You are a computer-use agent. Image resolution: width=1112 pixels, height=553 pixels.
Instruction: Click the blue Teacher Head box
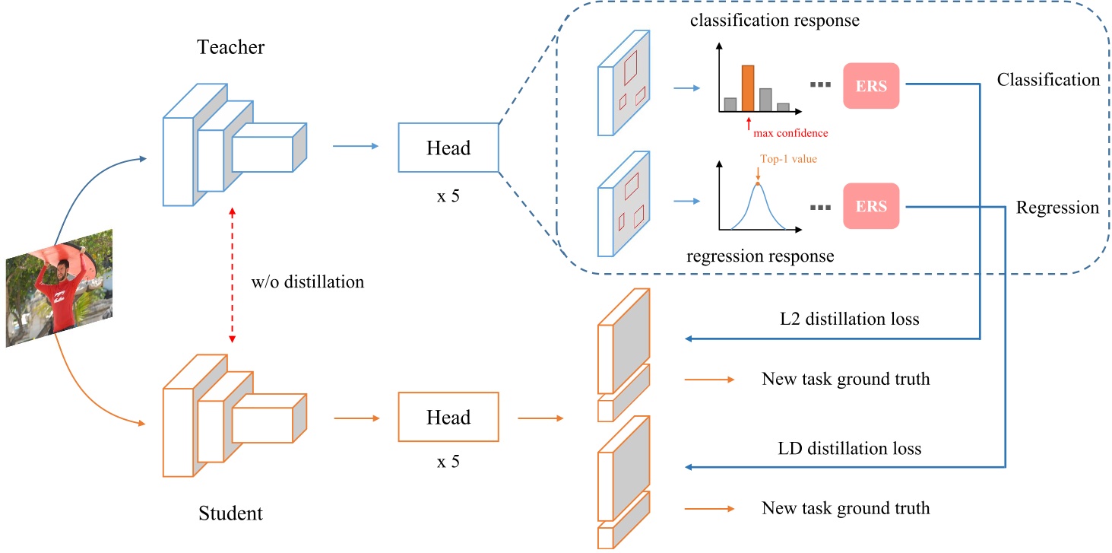pyautogui.click(x=448, y=148)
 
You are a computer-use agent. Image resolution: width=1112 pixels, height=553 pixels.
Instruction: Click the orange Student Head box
pyautogui.click(x=448, y=417)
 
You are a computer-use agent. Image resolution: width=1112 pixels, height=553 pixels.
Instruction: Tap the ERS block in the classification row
pyautogui.click(x=871, y=86)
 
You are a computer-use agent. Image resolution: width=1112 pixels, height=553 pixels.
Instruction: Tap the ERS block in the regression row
pyautogui.click(x=871, y=206)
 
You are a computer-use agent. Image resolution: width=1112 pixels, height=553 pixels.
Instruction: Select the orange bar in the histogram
pyautogui.click(x=747, y=88)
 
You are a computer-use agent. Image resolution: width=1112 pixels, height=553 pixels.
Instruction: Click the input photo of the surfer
pyautogui.click(x=59, y=288)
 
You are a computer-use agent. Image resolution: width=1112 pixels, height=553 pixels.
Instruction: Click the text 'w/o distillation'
pyautogui.click(x=307, y=282)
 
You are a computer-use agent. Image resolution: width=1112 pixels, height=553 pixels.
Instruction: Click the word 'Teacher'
pyautogui.click(x=231, y=47)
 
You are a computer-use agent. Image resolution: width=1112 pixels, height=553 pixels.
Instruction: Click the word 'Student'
pyautogui.click(x=230, y=513)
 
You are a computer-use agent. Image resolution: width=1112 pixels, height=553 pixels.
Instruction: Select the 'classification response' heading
pyautogui.click(x=775, y=20)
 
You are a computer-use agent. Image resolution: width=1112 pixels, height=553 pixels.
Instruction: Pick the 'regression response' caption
pyautogui.click(x=759, y=256)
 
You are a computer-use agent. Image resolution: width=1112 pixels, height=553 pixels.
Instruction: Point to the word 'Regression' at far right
pyautogui.click(x=1057, y=207)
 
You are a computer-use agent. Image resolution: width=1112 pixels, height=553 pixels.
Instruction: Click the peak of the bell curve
pyautogui.click(x=758, y=185)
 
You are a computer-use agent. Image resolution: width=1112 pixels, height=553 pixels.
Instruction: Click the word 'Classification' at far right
pyautogui.click(x=1048, y=80)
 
